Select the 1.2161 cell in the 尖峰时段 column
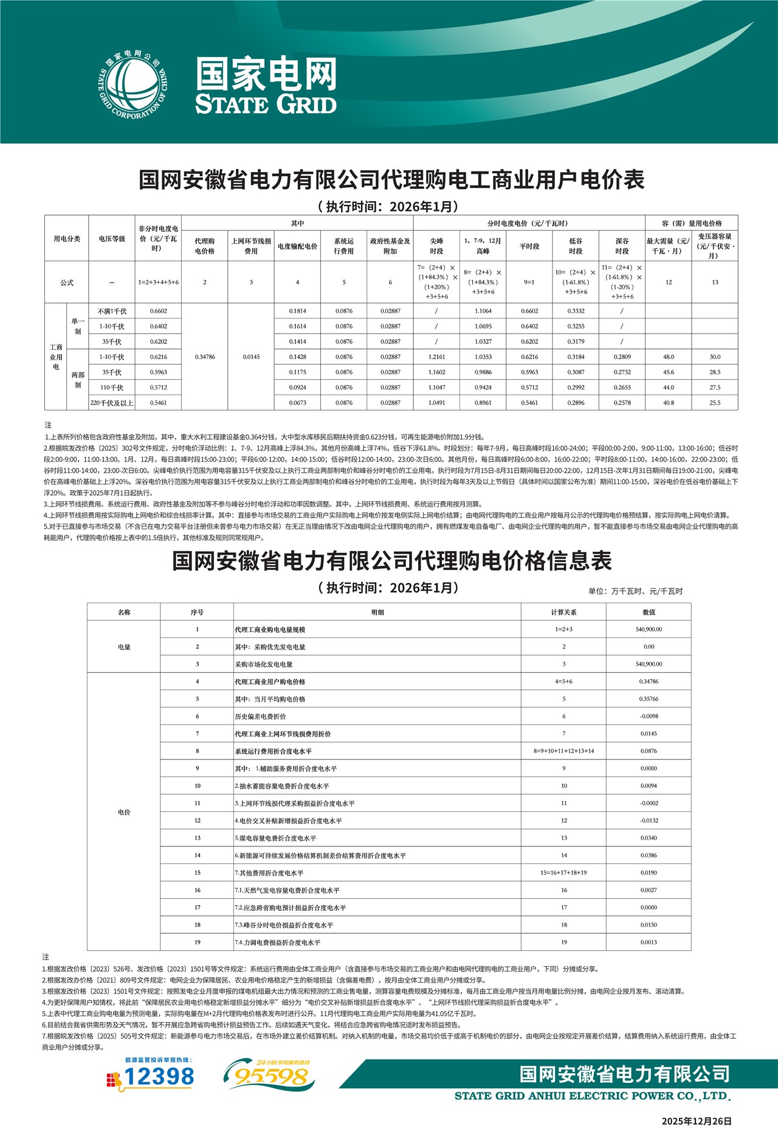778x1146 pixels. pyautogui.click(x=436, y=357)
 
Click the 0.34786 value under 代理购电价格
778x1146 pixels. pyautogui.click(x=205, y=357)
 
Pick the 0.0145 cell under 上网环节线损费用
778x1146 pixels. pyautogui.click(x=251, y=357)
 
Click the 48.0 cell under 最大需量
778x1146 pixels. pyautogui.click(x=669, y=357)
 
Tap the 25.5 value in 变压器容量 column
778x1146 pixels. pyautogui.click(x=715, y=403)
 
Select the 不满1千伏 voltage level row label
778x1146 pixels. pyautogui.click(x=112, y=311)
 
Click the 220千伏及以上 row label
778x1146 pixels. pyautogui.click(x=112, y=403)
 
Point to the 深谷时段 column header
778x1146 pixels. pyautogui.click(x=622, y=246)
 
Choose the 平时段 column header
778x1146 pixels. pyautogui.click(x=529, y=246)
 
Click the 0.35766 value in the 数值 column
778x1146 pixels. pyautogui.click(x=649, y=699)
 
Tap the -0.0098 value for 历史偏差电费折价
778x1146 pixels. pyautogui.click(x=649, y=716)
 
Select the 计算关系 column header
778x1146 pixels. pyautogui.click(x=563, y=612)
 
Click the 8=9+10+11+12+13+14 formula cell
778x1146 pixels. pyautogui.click(x=563, y=751)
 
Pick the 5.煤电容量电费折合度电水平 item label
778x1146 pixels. pyautogui.click(x=275, y=839)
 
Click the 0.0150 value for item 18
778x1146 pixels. pyautogui.click(x=649, y=925)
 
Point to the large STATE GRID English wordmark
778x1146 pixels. pyautogui.click(x=266, y=104)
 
